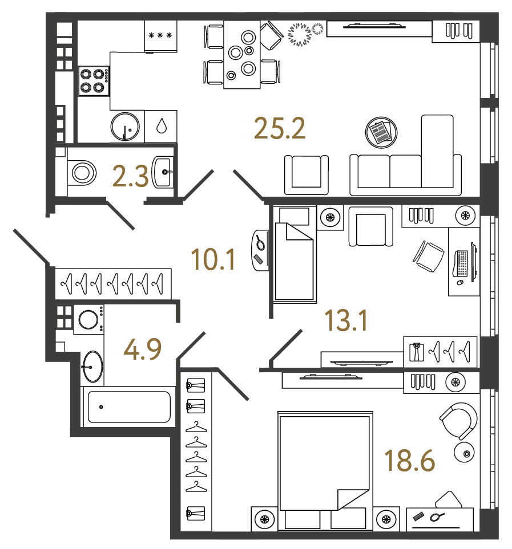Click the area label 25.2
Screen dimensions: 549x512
point(280,129)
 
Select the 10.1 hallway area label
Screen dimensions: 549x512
point(214,261)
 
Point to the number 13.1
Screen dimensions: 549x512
point(345,321)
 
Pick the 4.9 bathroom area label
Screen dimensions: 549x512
point(143,349)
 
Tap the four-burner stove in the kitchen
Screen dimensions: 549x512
point(94,81)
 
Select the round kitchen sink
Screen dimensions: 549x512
point(126,127)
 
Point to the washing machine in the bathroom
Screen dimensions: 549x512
point(89,319)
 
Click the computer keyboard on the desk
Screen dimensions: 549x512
point(463,263)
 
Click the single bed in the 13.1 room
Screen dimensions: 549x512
point(295,257)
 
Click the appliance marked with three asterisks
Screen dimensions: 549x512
point(160,36)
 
